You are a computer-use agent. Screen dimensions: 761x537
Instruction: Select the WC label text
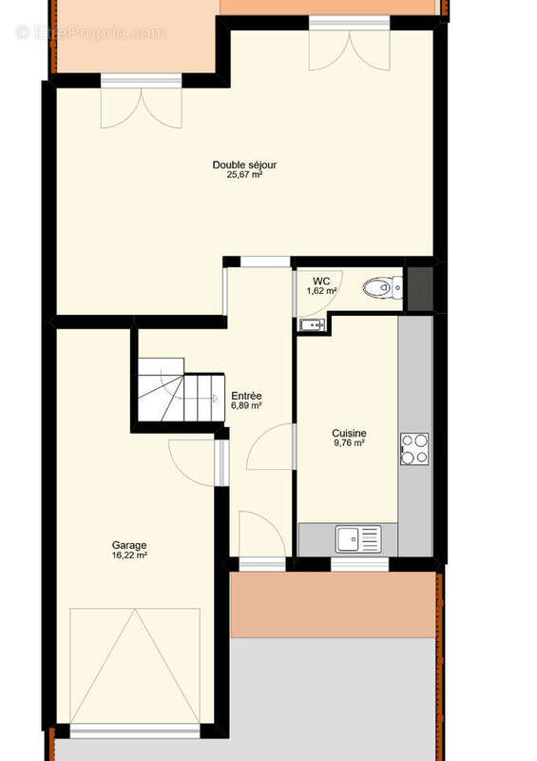[322, 281]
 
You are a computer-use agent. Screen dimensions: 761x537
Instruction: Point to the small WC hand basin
[312, 325]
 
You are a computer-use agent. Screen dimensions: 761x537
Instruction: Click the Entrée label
[246, 396]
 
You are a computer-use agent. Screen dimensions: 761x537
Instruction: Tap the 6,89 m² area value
[246, 406]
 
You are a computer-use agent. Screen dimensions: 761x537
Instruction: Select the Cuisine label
[349, 433]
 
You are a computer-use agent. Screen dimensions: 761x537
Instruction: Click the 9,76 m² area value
[349, 443]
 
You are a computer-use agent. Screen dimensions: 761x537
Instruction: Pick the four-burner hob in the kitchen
[414, 448]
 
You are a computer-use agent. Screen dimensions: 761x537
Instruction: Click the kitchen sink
[357, 539]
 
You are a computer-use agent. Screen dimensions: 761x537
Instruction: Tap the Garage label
[129, 545]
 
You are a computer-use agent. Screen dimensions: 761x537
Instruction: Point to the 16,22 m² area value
[129, 556]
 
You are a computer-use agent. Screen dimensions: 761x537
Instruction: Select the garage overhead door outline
[135, 666]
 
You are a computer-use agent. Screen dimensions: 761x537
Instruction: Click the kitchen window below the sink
[359, 565]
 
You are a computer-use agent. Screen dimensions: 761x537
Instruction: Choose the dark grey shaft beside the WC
[419, 285]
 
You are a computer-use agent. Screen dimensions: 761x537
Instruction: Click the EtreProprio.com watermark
[90, 32]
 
